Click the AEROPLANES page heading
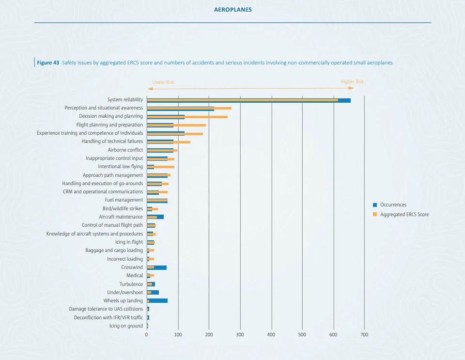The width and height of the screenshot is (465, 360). (232, 10)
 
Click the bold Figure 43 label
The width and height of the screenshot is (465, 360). (48, 63)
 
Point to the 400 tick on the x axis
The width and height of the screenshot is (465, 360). (271, 335)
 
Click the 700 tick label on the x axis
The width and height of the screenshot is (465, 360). (364, 335)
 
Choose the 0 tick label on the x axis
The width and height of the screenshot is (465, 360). (147, 335)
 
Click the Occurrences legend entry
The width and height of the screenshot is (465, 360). (393, 205)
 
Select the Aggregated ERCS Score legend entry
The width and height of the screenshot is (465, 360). (404, 214)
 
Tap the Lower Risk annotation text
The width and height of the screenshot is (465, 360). (163, 82)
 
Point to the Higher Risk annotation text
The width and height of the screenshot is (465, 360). (352, 82)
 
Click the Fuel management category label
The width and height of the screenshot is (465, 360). (124, 200)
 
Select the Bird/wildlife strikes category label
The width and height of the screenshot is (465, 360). (123, 209)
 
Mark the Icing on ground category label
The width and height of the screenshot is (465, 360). (126, 326)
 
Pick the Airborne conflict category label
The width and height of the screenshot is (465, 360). (125, 150)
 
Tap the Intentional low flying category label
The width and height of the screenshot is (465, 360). (120, 167)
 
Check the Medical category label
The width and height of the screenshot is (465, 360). (135, 276)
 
